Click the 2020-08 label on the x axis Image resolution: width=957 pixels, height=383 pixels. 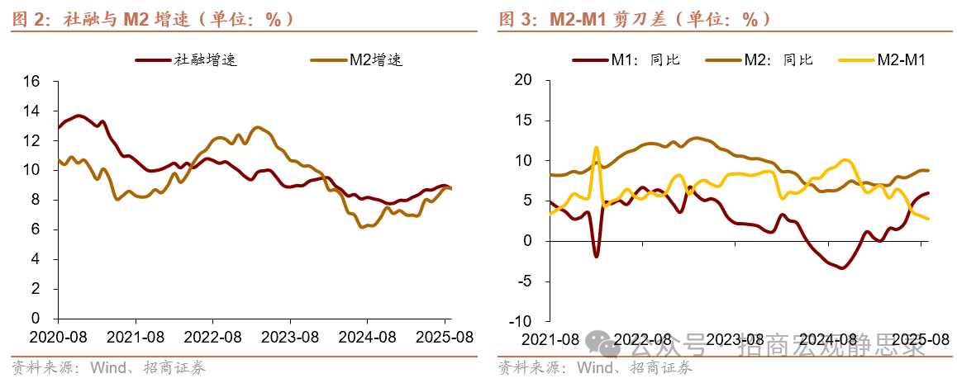(x=58, y=338)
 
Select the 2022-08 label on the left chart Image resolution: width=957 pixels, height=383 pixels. (x=212, y=338)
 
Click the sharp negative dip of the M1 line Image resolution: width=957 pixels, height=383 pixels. (x=596, y=256)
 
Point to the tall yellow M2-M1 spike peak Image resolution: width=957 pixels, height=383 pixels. (x=596, y=148)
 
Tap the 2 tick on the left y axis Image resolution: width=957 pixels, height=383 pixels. (x=36, y=289)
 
